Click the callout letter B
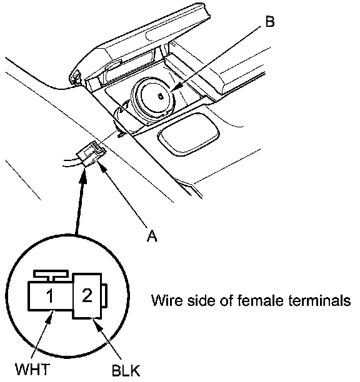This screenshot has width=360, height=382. coord(269,21)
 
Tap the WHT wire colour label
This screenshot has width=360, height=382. coord(33,369)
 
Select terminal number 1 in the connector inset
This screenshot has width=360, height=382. coord(50,296)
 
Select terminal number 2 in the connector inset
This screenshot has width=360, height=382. coord(87,295)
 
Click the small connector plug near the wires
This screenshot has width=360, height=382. coord(91,154)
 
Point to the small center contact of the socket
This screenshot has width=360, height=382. coord(161,97)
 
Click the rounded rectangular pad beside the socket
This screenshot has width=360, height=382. coord(189,134)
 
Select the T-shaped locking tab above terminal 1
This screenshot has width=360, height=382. coord(51,276)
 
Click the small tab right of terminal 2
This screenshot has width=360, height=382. coord(104,295)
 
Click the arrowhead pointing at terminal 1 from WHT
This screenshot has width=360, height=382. coord(50,316)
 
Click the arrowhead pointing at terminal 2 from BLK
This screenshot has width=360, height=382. coord(95,323)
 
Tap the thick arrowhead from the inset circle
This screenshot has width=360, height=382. coord(83,176)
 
